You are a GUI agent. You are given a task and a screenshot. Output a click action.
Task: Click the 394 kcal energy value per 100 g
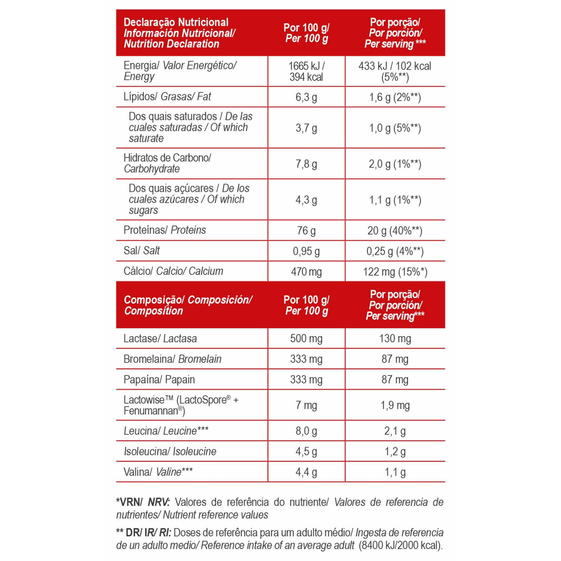point(306,77)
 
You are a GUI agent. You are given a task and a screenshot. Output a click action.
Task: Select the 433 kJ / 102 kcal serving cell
point(395,71)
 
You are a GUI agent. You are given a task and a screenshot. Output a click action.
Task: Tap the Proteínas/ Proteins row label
point(165,230)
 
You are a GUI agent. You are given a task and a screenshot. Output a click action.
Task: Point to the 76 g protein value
point(306,231)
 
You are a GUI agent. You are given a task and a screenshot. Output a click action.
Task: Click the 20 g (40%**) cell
point(395,231)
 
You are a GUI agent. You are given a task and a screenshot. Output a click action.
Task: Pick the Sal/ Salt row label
point(142,251)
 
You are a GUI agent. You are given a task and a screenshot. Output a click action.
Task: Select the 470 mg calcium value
point(306,272)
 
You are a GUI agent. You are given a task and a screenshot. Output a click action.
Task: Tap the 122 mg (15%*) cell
point(395,272)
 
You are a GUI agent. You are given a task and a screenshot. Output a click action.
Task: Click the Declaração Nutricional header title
point(176,22)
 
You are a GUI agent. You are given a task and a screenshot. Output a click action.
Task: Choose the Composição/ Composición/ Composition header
point(188,305)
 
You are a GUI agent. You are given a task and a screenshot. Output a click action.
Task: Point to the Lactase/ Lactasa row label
point(160,338)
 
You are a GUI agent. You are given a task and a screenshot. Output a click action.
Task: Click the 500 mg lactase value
point(306,338)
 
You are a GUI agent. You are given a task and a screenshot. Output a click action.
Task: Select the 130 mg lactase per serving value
point(395,338)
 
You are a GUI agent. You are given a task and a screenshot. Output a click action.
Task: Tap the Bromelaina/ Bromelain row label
point(172,359)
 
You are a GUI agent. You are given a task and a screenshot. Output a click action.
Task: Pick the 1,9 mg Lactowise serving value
point(395,405)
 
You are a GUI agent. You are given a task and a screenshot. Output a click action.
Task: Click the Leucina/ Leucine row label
point(166,431)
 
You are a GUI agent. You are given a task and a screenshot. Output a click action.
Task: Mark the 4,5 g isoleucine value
point(306,451)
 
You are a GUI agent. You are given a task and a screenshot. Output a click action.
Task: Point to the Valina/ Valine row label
point(158,472)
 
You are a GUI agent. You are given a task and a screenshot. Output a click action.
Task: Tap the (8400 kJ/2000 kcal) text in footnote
point(401,545)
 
